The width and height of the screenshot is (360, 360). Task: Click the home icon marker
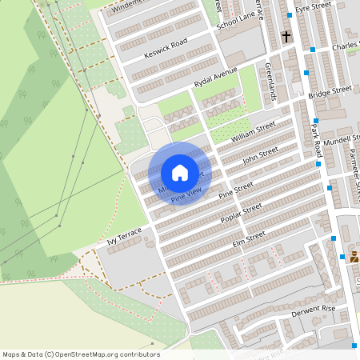[x=180, y=173]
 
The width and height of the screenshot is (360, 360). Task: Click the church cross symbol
[x=286, y=37]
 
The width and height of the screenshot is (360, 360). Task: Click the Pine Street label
[x=236, y=189]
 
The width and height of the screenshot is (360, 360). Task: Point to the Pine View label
[x=186, y=194]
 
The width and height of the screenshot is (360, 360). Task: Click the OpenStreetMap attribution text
[x=81, y=354]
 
